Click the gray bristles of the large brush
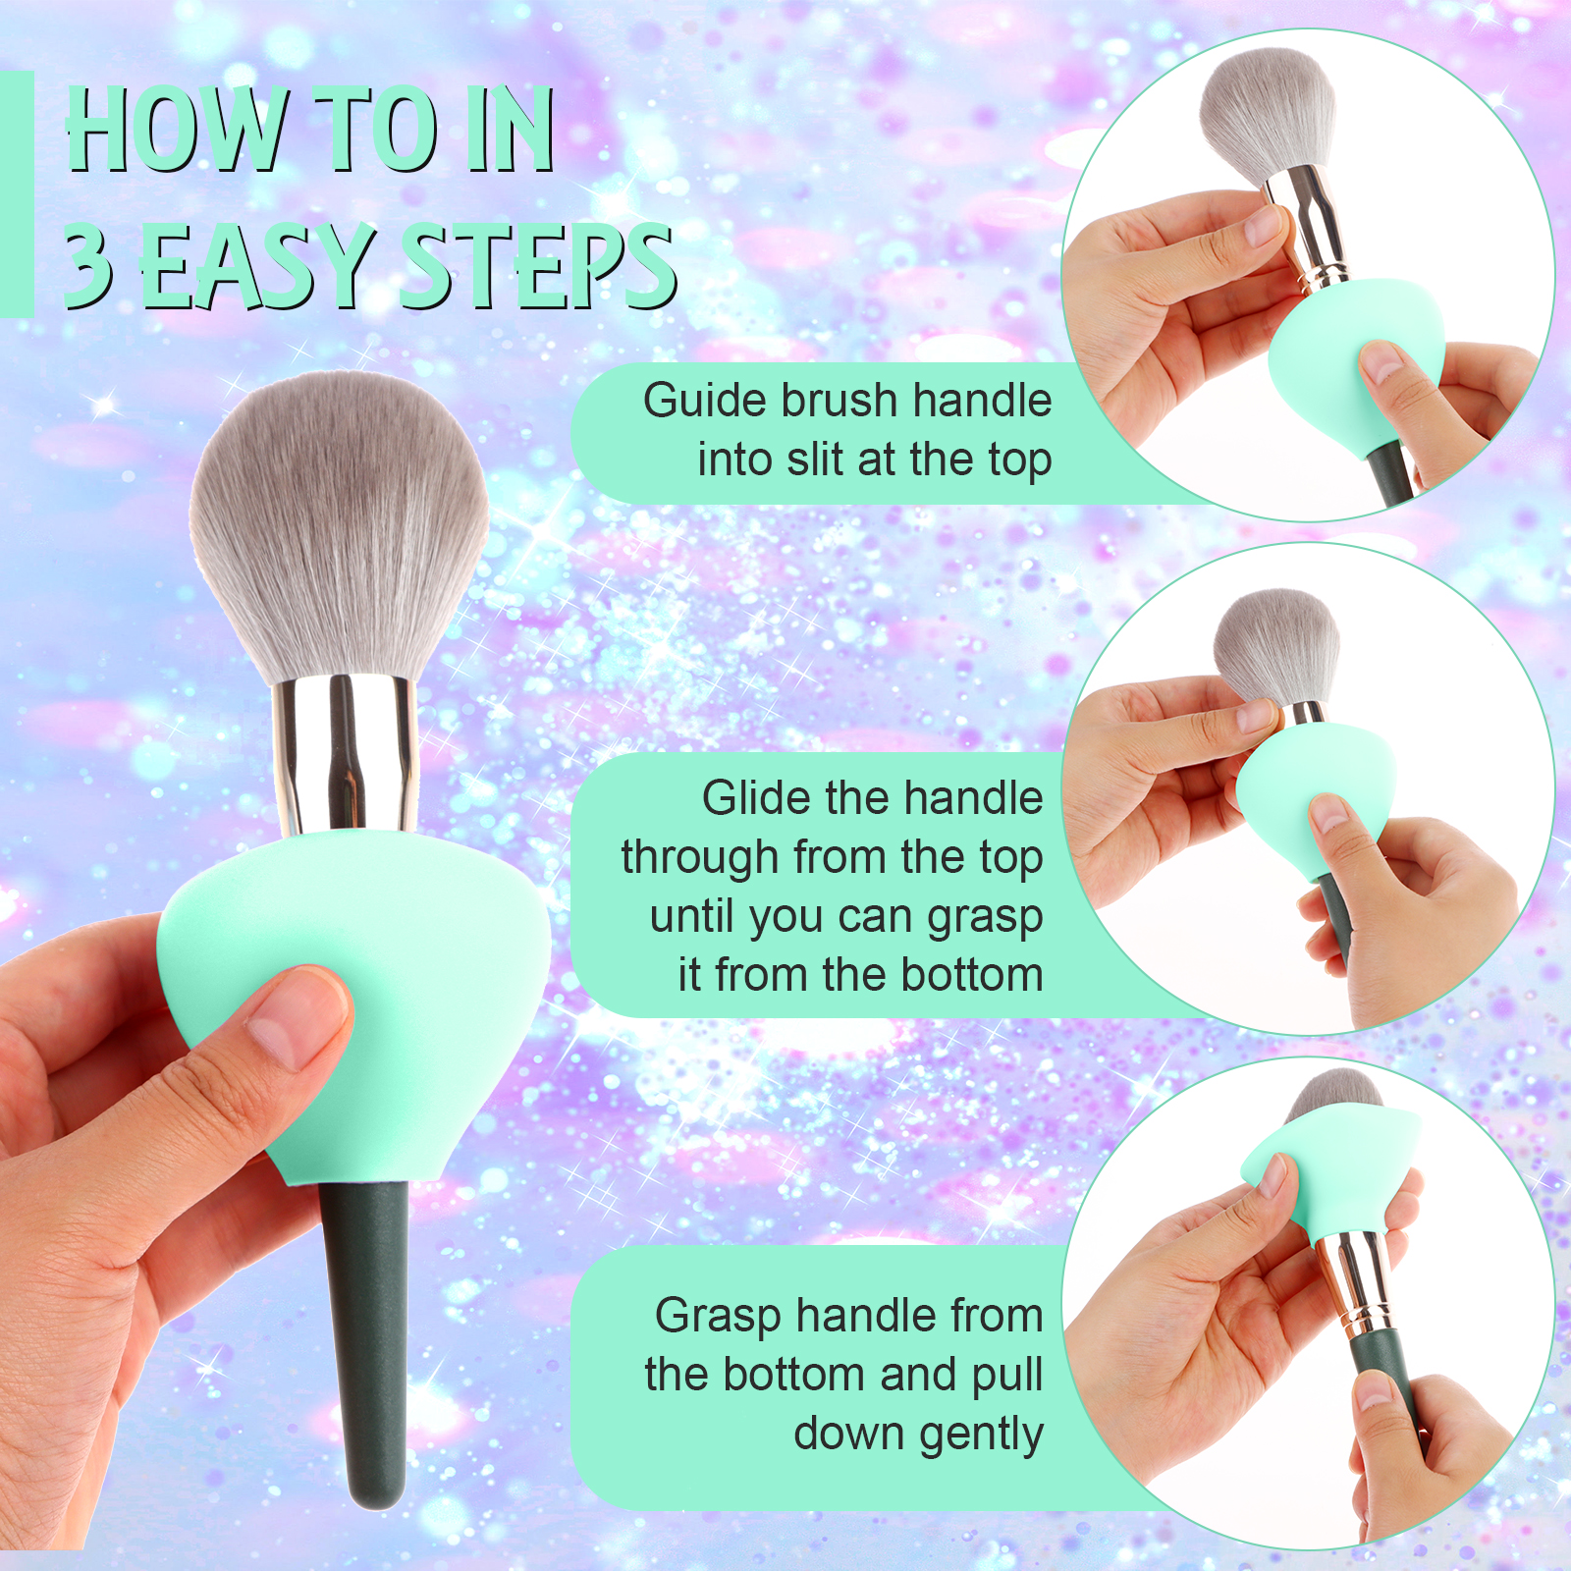coord(339,520)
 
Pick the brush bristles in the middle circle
coord(1276,643)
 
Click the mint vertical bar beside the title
coord(17,193)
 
